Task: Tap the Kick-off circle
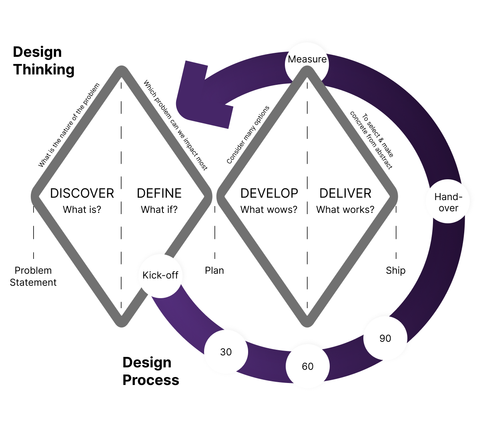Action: pos(160,276)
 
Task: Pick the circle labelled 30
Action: pos(226,352)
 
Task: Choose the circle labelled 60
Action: pos(307,366)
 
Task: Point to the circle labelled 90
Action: pos(385,339)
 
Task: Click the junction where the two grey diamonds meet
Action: pos(206,196)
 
